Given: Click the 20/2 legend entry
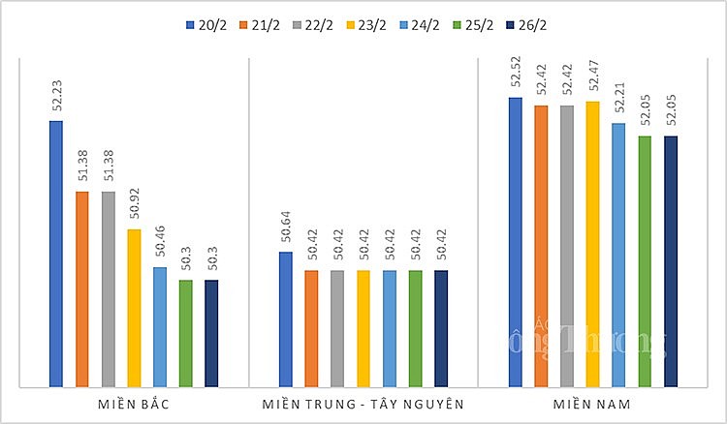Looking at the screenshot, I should coord(205,23).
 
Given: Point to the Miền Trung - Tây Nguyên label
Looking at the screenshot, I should coord(363,402).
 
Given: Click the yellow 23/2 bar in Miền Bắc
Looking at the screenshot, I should coord(134,308).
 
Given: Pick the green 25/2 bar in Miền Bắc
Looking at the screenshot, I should coord(185,333).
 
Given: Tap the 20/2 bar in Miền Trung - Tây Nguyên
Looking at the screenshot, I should coord(285,319).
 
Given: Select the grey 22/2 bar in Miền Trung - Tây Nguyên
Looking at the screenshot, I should coord(336,328).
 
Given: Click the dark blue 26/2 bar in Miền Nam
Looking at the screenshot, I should coord(671,261).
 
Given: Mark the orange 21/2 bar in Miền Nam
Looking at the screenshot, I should coord(541,246).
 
